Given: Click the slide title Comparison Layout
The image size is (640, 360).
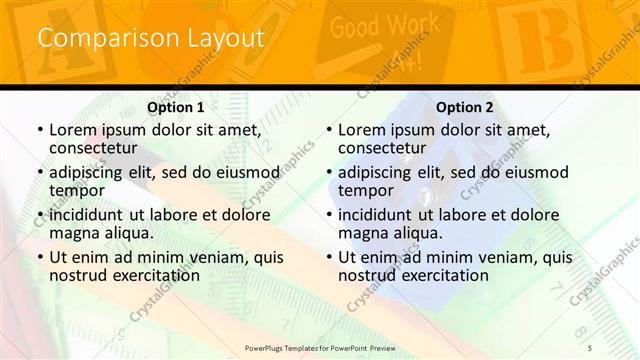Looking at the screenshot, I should tap(150, 38).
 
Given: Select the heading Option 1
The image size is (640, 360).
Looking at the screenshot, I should tap(176, 107).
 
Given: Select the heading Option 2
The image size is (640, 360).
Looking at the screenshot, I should tap(465, 107).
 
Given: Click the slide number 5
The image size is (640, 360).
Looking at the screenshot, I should tap(590, 346).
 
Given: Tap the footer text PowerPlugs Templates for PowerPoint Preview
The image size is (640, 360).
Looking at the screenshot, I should tap(321, 347).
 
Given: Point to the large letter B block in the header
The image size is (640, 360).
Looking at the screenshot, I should tap(530, 40).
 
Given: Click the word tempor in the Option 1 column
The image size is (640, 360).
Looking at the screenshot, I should tap(77, 190).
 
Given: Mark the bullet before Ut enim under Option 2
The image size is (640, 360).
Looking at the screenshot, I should tap(329, 257).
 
